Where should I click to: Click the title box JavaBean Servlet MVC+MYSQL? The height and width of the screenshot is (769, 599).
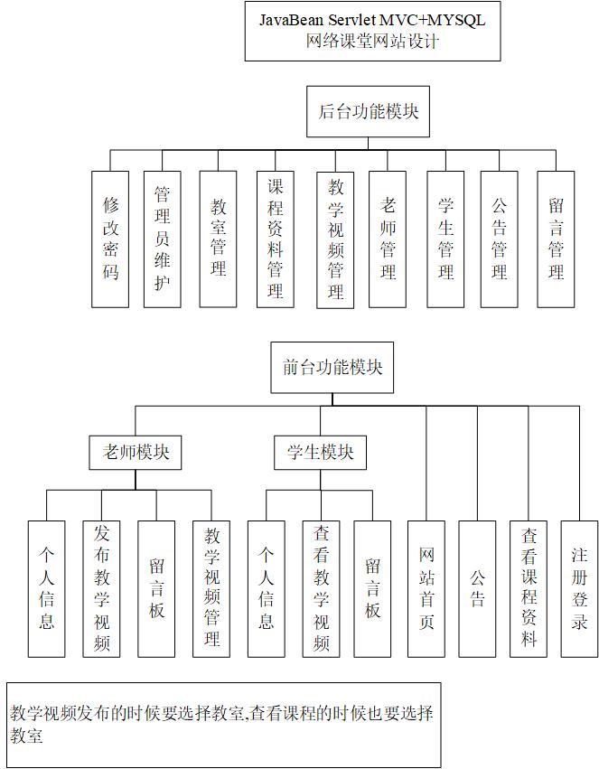tap(372, 31)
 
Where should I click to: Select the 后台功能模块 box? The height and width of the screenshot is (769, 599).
tap(368, 112)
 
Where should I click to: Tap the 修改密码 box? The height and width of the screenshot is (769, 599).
tap(110, 239)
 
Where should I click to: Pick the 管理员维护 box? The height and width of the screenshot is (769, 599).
tap(163, 239)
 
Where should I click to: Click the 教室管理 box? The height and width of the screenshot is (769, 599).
tap(218, 239)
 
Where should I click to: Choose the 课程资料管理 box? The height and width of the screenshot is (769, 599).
tap(275, 239)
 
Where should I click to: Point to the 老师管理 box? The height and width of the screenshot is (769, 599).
tap(388, 239)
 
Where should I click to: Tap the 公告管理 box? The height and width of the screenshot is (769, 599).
tap(499, 239)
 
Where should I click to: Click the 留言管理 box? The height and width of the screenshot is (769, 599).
tap(556, 239)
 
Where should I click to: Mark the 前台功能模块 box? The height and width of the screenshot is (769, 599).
tap(332, 368)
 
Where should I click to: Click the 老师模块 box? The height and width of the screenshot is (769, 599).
tap(136, 453)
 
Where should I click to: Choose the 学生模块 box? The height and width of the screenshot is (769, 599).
tap(320, 453)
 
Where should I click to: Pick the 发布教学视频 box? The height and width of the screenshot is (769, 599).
tap(101, 588)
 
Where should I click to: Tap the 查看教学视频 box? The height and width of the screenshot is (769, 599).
tap(321, 588)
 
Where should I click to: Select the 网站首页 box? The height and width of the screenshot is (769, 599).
tap(426, 588)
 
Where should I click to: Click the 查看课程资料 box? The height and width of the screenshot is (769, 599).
tap(529, 588)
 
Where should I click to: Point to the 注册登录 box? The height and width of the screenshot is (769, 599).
tap(579, 588)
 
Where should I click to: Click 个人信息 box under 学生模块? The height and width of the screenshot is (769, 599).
tap(266, 588)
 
